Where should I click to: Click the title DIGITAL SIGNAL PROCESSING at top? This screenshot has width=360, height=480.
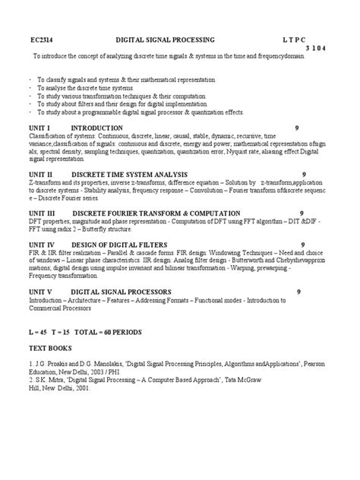166,39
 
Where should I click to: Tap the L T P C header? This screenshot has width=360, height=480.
301,39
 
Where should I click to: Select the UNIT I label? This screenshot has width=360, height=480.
39,128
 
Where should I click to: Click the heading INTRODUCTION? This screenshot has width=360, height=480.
96,128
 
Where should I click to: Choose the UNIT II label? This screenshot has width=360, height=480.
40,174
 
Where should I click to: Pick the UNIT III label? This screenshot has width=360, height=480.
42,213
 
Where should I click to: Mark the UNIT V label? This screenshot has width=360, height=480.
40,291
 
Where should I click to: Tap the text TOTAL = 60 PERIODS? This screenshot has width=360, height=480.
107,332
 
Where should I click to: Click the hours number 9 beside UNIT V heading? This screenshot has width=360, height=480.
297,291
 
